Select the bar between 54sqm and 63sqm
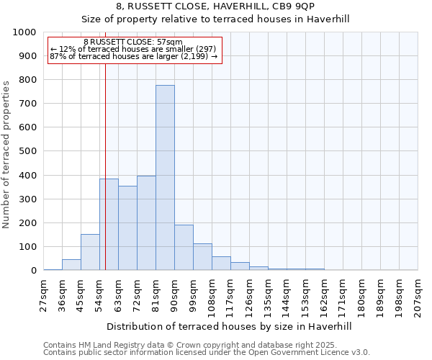pos(109,225)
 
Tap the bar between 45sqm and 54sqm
pos(90,252)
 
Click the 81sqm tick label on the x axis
pos(156,295)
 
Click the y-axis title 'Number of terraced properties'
pos(6,154)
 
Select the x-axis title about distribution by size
pos(230,326)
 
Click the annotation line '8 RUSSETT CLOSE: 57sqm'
pos(133,42)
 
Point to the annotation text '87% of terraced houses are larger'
pos(133,56)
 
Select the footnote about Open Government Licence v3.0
pos(207,353)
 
